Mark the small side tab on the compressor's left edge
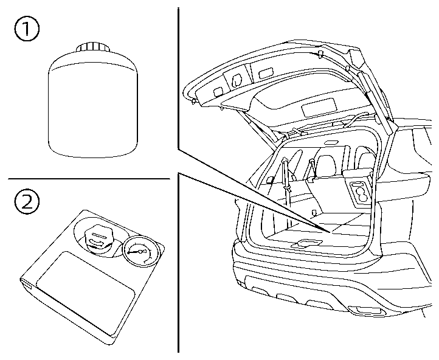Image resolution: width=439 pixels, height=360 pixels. [26, 282]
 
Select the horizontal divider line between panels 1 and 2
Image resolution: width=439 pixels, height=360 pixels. [89, 179]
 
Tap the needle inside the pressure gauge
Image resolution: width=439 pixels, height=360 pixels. [139, 251]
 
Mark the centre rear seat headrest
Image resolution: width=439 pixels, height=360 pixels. [325, 163]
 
